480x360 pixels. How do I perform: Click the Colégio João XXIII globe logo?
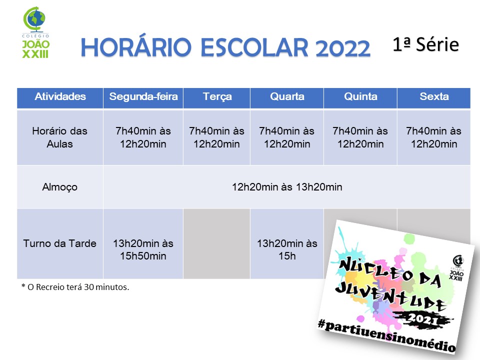35,32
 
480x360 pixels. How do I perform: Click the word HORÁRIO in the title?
136,47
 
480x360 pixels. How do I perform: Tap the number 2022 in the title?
342,48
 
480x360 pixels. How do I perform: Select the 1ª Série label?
426,44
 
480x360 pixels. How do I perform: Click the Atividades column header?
60,96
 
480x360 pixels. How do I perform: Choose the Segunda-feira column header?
143,96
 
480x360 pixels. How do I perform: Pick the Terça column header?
217,97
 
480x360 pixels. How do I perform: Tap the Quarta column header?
287,96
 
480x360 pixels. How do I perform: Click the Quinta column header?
360,96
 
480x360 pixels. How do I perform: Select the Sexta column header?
434,96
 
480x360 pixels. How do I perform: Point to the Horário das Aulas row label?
59,137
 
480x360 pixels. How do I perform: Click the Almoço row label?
59,187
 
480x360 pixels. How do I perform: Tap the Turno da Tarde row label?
59,243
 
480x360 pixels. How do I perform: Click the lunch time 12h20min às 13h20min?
287,186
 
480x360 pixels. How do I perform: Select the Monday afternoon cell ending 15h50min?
143,249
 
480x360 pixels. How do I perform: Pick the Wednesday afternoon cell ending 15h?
287,249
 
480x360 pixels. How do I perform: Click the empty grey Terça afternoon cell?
216,243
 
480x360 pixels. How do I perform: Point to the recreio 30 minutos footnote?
75,287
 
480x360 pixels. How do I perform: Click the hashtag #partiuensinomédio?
386,335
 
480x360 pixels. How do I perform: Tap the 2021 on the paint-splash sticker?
422,318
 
